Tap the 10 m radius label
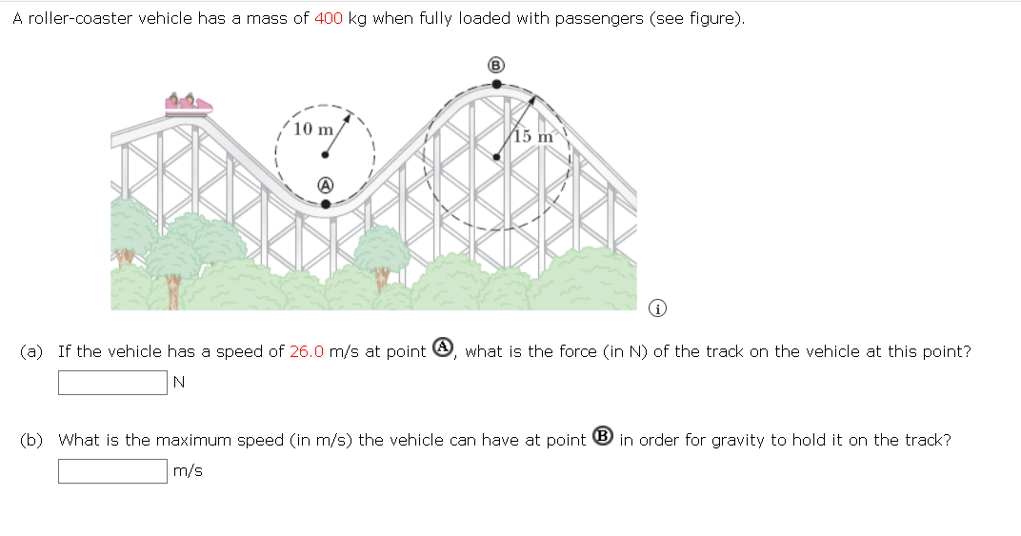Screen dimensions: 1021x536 tap(313, 129)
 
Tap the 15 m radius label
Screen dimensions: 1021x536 tap(534, 136)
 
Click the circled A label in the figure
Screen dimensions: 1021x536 tap(326, 184)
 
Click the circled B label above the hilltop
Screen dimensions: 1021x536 tap(495, 66)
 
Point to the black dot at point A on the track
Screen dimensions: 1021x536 tap(326, 203)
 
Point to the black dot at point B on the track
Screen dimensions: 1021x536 tap(495, 84)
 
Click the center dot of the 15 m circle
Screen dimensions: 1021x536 tap(495, 157)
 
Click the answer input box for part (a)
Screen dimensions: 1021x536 tap(112, 383)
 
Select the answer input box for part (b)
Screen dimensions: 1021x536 tap(112, 471)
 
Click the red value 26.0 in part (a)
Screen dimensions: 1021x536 tap(307, 351)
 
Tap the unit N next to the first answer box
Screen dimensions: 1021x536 tap(179, 383)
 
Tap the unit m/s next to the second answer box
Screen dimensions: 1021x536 tap(188, 471)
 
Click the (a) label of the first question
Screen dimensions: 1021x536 tap(31, 351)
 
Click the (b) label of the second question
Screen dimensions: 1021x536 tap(31, 440)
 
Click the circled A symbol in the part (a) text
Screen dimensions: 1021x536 tap(442, 349)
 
